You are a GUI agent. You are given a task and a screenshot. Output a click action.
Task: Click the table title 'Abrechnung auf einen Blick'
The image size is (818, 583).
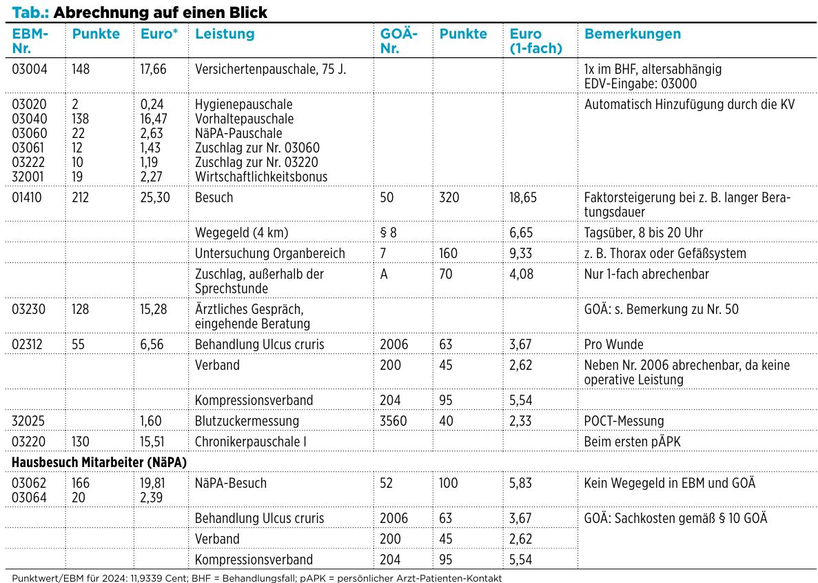point(160,12)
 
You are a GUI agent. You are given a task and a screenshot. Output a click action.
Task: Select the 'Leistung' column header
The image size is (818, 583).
point(225,34)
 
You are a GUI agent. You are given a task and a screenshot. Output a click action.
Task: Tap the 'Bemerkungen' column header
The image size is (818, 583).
point(633,34)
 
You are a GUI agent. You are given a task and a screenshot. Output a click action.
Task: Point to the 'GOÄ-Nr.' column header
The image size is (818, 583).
point(399,41)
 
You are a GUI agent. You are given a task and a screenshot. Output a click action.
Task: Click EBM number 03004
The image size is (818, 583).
point(30,69)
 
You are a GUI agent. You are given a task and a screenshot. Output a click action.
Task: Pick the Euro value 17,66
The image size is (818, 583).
point(154,69)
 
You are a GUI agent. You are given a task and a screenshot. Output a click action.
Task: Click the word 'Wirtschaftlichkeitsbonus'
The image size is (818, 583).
point(261,177)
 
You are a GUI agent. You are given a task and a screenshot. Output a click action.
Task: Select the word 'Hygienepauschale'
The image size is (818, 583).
point(244,104)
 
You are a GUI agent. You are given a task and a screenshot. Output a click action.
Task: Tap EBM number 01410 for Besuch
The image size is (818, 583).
point(29,197)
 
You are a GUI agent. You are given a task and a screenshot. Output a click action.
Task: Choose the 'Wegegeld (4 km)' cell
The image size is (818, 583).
point(241,233)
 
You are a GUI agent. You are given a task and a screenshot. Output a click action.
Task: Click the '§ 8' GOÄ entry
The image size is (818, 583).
point(388,233)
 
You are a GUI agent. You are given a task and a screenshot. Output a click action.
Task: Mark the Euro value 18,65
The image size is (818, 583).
point(523,197)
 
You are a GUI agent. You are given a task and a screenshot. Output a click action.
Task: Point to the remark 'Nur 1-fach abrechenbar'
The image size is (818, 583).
point(646,274)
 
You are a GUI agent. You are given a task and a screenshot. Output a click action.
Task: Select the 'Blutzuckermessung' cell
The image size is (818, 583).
point(247,421)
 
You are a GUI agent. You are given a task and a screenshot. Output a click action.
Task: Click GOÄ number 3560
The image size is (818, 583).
point(393,421)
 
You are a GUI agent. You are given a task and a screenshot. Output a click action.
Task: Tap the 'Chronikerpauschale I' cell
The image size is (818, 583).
point(250,442)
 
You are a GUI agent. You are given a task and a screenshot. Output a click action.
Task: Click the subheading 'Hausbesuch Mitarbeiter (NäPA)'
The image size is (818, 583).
point(99,462)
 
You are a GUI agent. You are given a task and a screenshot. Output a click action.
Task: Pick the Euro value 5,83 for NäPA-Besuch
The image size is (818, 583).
point(521,483)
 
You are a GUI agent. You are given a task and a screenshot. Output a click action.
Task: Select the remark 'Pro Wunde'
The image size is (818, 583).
point(613,344)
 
